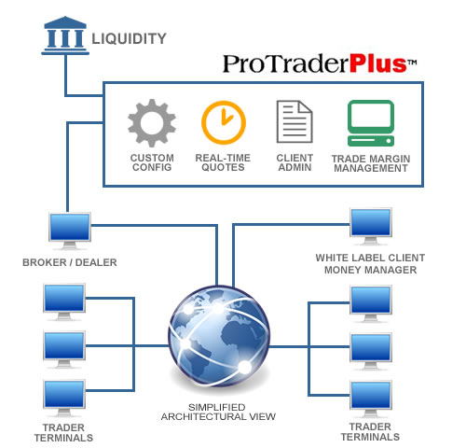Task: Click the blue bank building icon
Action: [65, 35]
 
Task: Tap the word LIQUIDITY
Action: [129, 39]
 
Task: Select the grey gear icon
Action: [152, 123]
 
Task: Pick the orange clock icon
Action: [224, 122]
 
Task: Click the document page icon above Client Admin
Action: [295, 121]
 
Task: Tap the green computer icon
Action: [371, 123]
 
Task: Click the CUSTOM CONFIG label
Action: [152, 162]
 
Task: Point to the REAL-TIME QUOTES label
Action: [223, 162]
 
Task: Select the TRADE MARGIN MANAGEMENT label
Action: [371, 163]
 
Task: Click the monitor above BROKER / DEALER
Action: [70, 231]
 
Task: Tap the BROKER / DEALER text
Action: [70, 262]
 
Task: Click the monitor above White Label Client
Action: [371, 226]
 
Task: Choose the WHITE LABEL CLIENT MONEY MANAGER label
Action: [370, 264]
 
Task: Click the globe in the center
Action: [219, 335]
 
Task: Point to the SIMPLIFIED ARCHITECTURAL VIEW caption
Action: [218, 412]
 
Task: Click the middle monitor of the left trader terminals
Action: [64, 349]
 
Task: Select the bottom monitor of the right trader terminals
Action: [371, 399]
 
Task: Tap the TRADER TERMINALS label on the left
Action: [63, 433]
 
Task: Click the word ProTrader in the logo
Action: [286, 63]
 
